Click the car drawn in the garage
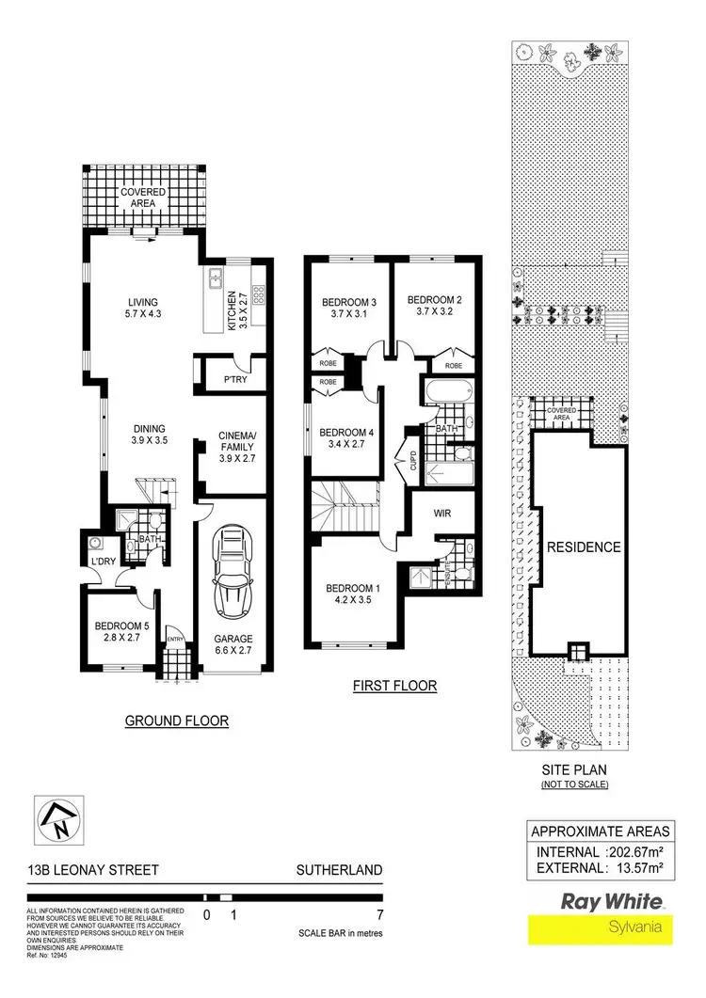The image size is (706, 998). (232, 570)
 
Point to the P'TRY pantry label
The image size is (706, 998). (234, 381)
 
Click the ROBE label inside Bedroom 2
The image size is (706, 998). (454, 365)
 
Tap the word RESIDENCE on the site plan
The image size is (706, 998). (584, 547)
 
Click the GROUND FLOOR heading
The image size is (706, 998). (178, 721)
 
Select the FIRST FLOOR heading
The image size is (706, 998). (394, 685)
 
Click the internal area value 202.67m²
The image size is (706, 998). (639, 852)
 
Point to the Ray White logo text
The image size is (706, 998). (612, 900)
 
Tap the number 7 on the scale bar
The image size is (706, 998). (377, 913)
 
